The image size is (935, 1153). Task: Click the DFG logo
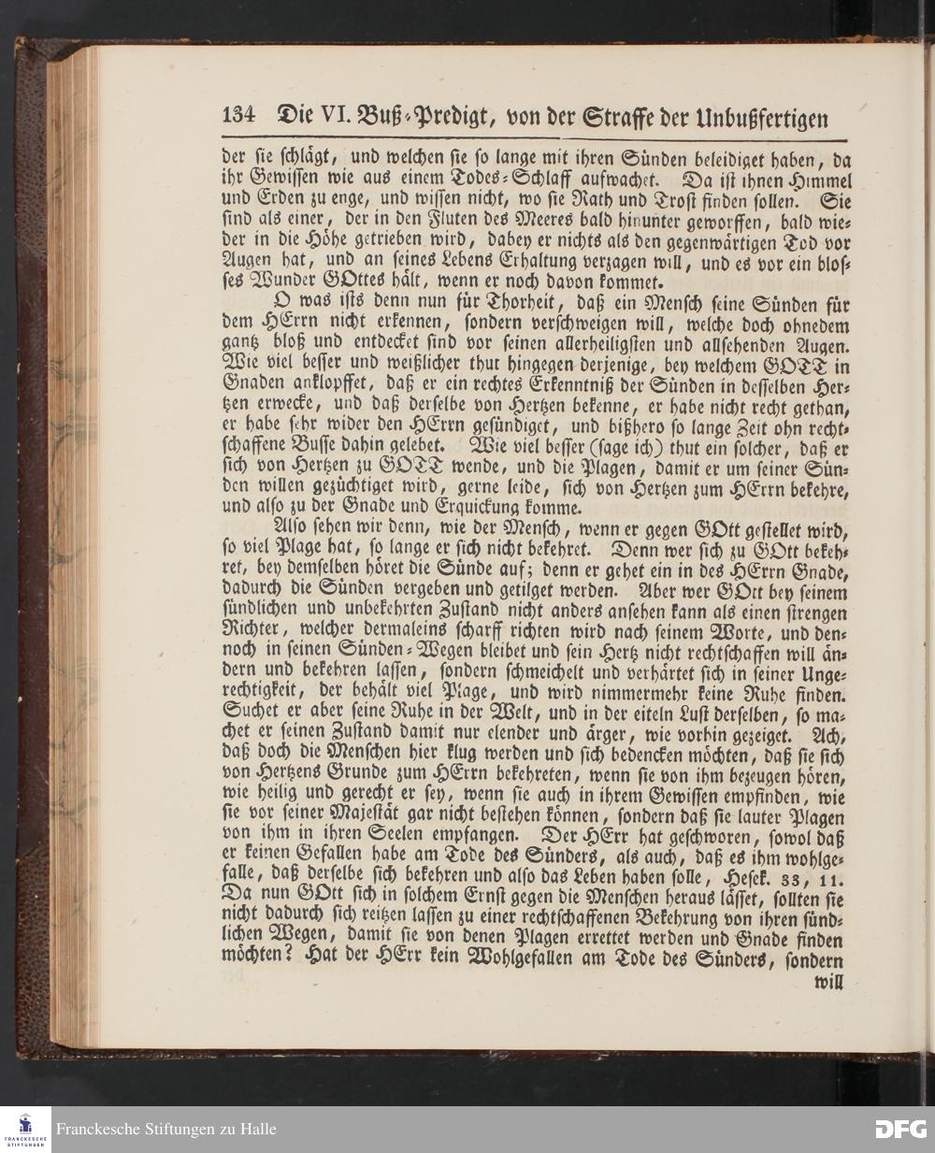coord(900,1129)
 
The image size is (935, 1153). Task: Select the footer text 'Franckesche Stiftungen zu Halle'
coord(165,1130)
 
